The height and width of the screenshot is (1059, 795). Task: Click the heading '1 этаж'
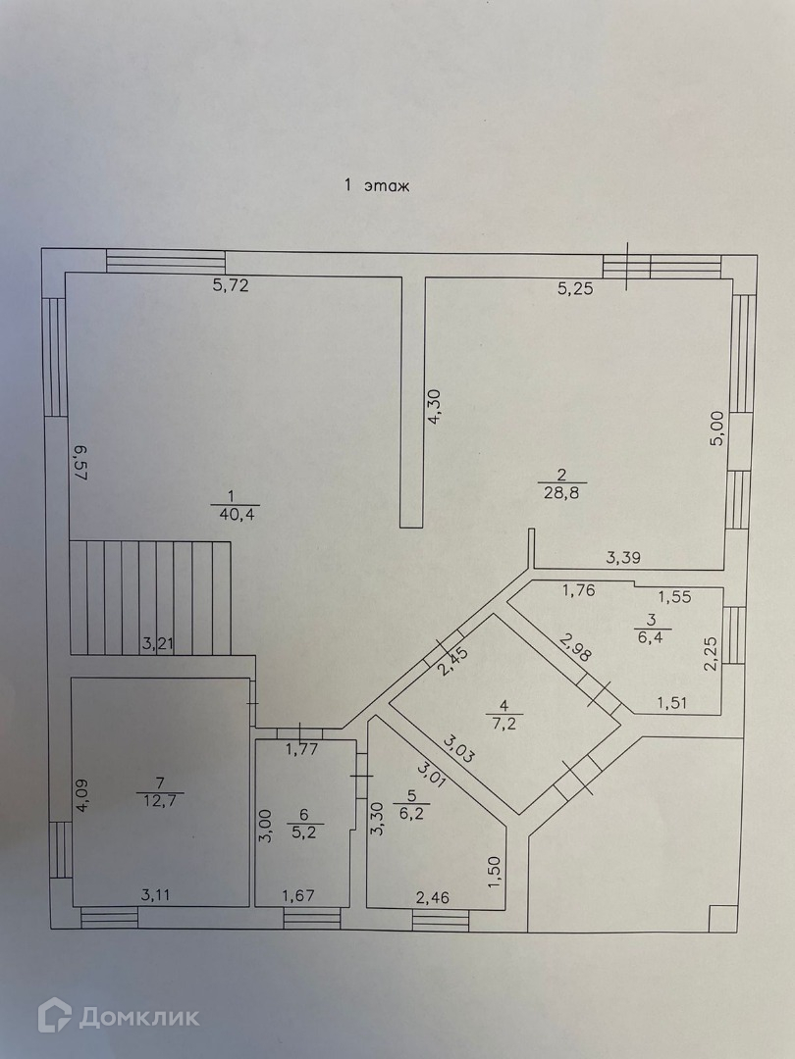[x=376, y=185]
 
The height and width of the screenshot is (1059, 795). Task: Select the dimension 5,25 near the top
[x=577, y=288]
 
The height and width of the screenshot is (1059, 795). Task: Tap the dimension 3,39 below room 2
[x=625, y=559]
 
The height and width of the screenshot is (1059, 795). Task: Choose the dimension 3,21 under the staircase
[x=160, y=644]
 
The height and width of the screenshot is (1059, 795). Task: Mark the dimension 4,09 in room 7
[x=85, y=794]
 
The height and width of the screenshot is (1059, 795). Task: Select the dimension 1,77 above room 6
[x=302, y=751]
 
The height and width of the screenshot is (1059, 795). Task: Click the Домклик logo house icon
[x=55, y=1015]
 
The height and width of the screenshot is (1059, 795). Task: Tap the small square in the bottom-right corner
[x=723, y=919]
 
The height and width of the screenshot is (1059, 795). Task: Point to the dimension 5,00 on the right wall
[x=717, y=429]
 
